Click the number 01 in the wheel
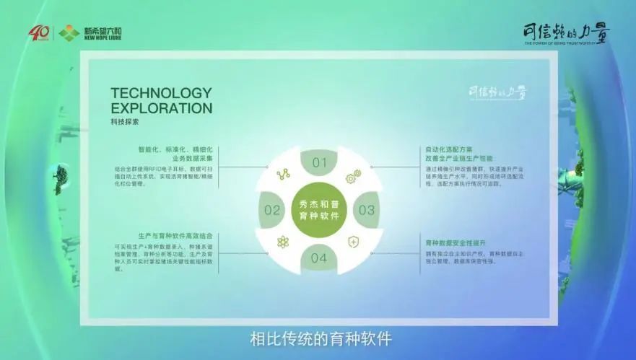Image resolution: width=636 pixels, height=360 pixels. (319, 163)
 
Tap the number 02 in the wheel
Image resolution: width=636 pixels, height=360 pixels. (272, 211)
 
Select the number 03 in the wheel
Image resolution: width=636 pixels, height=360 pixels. (367, 211)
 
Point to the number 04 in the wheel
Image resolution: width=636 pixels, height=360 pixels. (319, 258)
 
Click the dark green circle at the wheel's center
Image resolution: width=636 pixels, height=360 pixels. (319, 210)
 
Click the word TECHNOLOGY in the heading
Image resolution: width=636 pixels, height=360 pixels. (161, 93)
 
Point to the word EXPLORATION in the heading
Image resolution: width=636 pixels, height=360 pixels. (161, 109)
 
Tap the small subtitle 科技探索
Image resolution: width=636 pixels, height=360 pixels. (125, 123)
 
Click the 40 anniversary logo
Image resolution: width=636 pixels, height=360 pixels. (38, 33)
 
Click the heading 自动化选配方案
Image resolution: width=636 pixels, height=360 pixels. (448, 149)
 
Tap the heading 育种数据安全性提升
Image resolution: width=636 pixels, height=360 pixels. (456, 242)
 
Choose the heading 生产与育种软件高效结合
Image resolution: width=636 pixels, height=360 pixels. (175, 236)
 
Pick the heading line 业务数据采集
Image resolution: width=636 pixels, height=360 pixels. (191, 158)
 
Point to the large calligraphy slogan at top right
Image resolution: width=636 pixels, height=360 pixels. (565, 32)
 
